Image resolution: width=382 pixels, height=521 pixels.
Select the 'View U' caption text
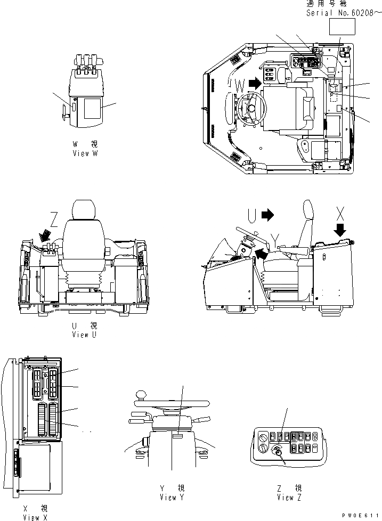click(x=85, y=334)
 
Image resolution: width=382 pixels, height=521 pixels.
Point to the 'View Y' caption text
click(x=172, y=497)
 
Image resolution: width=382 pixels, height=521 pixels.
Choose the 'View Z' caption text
click(x=289, y=497)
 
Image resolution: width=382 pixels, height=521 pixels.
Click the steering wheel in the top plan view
click(x=250, y=109)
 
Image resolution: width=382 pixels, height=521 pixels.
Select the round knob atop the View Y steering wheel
click(x=141, y=395)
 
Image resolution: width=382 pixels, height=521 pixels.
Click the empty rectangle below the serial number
click(x=342, y=27)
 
